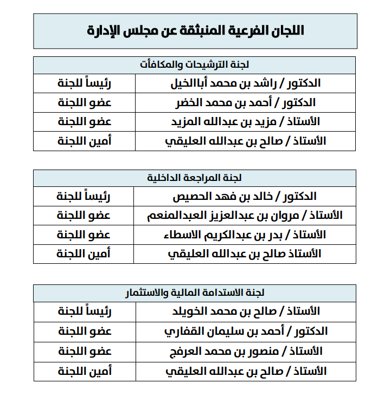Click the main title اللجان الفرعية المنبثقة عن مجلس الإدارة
tap(195, 31)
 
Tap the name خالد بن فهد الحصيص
tap(245, 197)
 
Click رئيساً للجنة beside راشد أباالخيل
tap(85, 83)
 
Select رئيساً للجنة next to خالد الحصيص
tap(85, 197)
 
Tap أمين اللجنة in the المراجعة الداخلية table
tap(85, 254)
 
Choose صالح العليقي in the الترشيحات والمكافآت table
tap(246, 141)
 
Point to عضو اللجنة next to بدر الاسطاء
tap(85, 235)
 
